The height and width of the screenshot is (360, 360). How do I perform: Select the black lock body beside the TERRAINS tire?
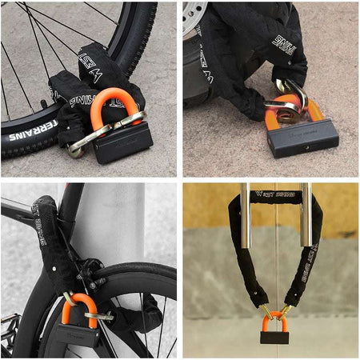tap(124, 142)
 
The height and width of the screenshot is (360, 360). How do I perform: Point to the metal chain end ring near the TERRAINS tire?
tap(80, 146)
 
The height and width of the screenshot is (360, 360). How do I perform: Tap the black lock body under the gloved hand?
tap(303, 138)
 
